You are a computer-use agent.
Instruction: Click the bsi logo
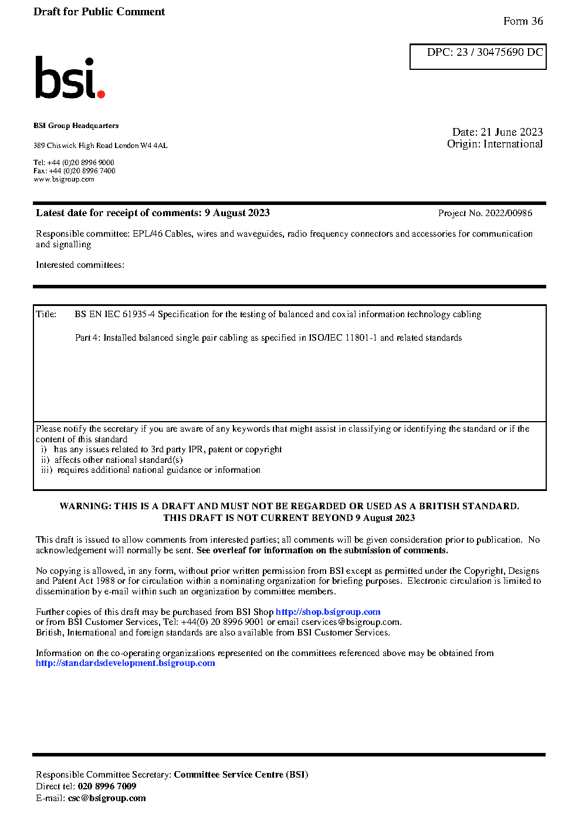(69, 78)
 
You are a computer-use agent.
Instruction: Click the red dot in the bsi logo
(101, 93)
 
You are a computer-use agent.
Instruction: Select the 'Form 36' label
(523, 21)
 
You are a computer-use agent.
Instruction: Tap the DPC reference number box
(478, 56)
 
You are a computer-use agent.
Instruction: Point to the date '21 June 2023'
(512, 132)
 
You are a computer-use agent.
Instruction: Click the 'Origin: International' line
(495, 144)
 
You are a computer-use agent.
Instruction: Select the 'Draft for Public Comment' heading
(99, 12)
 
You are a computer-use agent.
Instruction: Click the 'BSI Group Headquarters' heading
(76, 126)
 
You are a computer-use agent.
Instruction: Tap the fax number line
(75, 171)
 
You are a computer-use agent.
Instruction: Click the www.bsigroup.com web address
(64, 179)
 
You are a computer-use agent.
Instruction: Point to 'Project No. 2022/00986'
(485, 213)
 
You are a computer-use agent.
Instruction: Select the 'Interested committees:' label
(80, 265)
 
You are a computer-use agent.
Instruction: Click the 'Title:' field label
(46, 314)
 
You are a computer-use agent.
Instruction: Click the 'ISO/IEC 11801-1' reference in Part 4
(343, 338)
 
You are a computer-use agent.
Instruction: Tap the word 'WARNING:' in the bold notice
(85, 506)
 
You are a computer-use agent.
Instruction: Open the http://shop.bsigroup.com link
(328, 612)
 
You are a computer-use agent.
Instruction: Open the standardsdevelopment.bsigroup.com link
(126, 663)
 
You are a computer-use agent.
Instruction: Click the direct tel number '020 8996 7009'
(107, 786)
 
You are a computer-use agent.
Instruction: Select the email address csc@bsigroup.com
(107, 798)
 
